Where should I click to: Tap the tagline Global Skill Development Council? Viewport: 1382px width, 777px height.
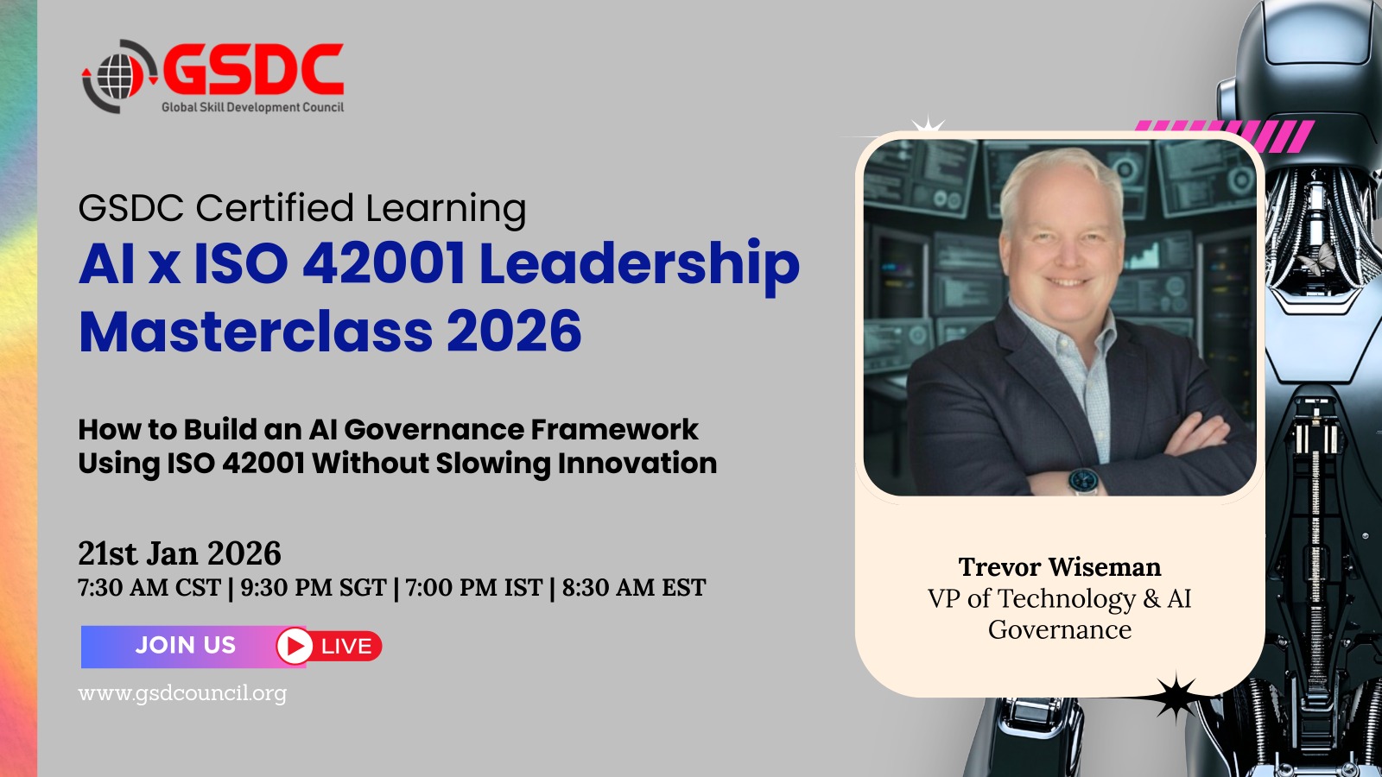pos(252,107)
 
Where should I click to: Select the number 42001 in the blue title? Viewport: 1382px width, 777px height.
pos(384,264)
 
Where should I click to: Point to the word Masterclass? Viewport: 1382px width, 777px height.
pos(256,332)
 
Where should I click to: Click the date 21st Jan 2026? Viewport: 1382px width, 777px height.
pos(180,553)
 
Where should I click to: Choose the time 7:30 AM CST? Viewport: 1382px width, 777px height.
pos(149,588)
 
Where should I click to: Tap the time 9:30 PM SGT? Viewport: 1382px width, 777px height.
pos(314,588)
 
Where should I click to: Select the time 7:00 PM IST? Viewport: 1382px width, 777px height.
pos(474,588)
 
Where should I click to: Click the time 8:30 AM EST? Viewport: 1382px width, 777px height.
pos(634,588)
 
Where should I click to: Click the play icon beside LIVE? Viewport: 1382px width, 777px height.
pos(295,647)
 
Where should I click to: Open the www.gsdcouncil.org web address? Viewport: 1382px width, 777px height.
pos(182,694)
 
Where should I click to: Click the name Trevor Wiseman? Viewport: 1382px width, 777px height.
pos(1059,566)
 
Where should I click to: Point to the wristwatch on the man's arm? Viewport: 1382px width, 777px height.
pos(1083,480)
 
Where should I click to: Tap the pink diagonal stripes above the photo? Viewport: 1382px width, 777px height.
pos(1225,135)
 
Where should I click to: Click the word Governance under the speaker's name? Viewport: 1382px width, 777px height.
pos(1059,630)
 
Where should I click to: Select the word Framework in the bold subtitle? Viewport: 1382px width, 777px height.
pos(614,429)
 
